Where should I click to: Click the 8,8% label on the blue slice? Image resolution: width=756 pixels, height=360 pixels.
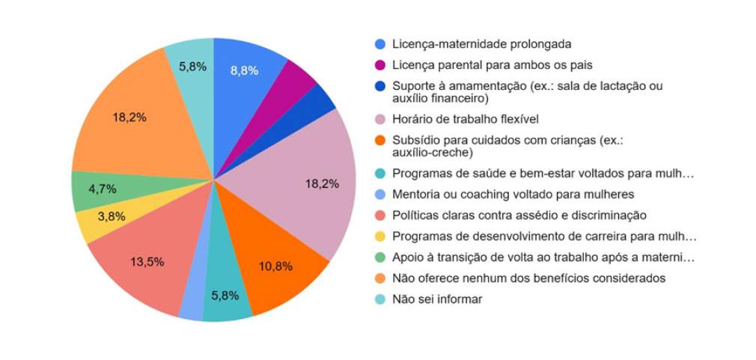[x=244, y=70]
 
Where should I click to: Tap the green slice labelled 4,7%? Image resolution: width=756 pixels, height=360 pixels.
[x=102, y=189]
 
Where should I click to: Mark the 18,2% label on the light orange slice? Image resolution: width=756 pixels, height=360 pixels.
[x=129, y=118]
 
